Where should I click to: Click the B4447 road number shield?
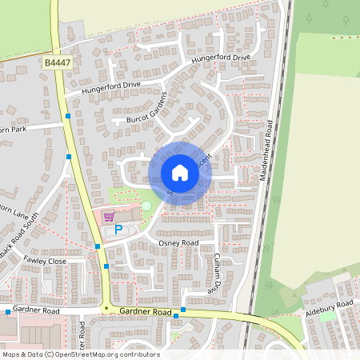click(58, 62)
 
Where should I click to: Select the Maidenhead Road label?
click(268, 152)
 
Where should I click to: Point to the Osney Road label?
click(178, 242)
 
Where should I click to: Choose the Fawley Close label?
click(44, 261)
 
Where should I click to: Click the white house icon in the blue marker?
click(180, 173)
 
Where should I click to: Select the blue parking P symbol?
click(118, 230)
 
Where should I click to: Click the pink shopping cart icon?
click(109, 215)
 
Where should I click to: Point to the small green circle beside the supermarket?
click(146, 207)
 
